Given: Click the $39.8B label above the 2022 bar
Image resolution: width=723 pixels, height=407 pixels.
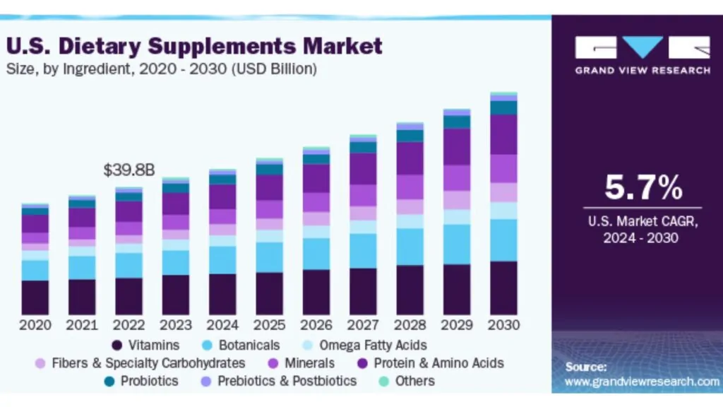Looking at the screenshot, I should pos(129,170).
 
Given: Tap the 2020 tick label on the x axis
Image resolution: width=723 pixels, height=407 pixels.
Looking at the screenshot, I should pos(35,326).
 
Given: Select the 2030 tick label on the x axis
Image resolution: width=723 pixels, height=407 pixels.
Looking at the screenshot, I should pos(503,326).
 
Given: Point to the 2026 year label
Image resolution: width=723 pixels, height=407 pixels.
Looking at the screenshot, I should pos(316,326).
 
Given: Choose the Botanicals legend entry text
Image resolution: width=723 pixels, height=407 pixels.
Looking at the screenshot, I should pos(249,346).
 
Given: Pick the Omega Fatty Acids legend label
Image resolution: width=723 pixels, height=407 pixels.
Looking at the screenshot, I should pos(373,346).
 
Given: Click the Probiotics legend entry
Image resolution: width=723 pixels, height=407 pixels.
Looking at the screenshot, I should pos(149,381).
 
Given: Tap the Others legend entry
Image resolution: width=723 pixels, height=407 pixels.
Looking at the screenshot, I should pos(414,381).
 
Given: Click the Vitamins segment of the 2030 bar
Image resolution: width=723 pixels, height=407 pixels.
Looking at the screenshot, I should pos(503,288).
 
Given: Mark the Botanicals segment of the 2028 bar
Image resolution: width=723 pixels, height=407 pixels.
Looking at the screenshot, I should pos(410,247).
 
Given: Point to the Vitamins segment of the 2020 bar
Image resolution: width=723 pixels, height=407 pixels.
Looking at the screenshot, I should pos(35,297).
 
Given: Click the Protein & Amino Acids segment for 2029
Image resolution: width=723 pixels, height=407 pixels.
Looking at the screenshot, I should pos(457,147).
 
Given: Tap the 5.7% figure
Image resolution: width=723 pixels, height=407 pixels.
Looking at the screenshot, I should pos(643,188).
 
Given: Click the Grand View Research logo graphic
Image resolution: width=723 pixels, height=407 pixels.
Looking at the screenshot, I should pos(643,47).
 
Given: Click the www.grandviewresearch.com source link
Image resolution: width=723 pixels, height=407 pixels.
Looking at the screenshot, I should pos(642,382).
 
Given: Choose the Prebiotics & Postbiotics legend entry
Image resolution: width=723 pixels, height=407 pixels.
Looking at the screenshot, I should pos(287,381).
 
